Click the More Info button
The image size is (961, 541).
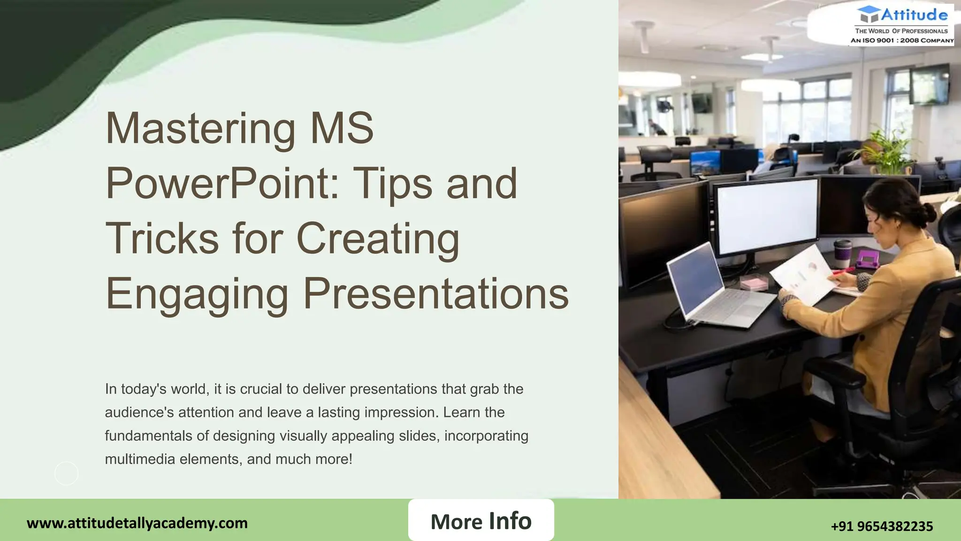pos(481,520)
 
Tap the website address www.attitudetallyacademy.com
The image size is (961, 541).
pos(137,523)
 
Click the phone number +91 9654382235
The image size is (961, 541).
pos(882,526)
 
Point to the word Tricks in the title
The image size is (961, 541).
pos(162,239)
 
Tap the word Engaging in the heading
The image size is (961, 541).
pos(197,294)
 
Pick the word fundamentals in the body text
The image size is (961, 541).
pos(148,436)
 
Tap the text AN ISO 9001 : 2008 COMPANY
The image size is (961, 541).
pos(902,40)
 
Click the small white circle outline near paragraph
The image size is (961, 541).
pos(66,473)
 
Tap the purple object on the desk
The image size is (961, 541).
pos(868,259)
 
